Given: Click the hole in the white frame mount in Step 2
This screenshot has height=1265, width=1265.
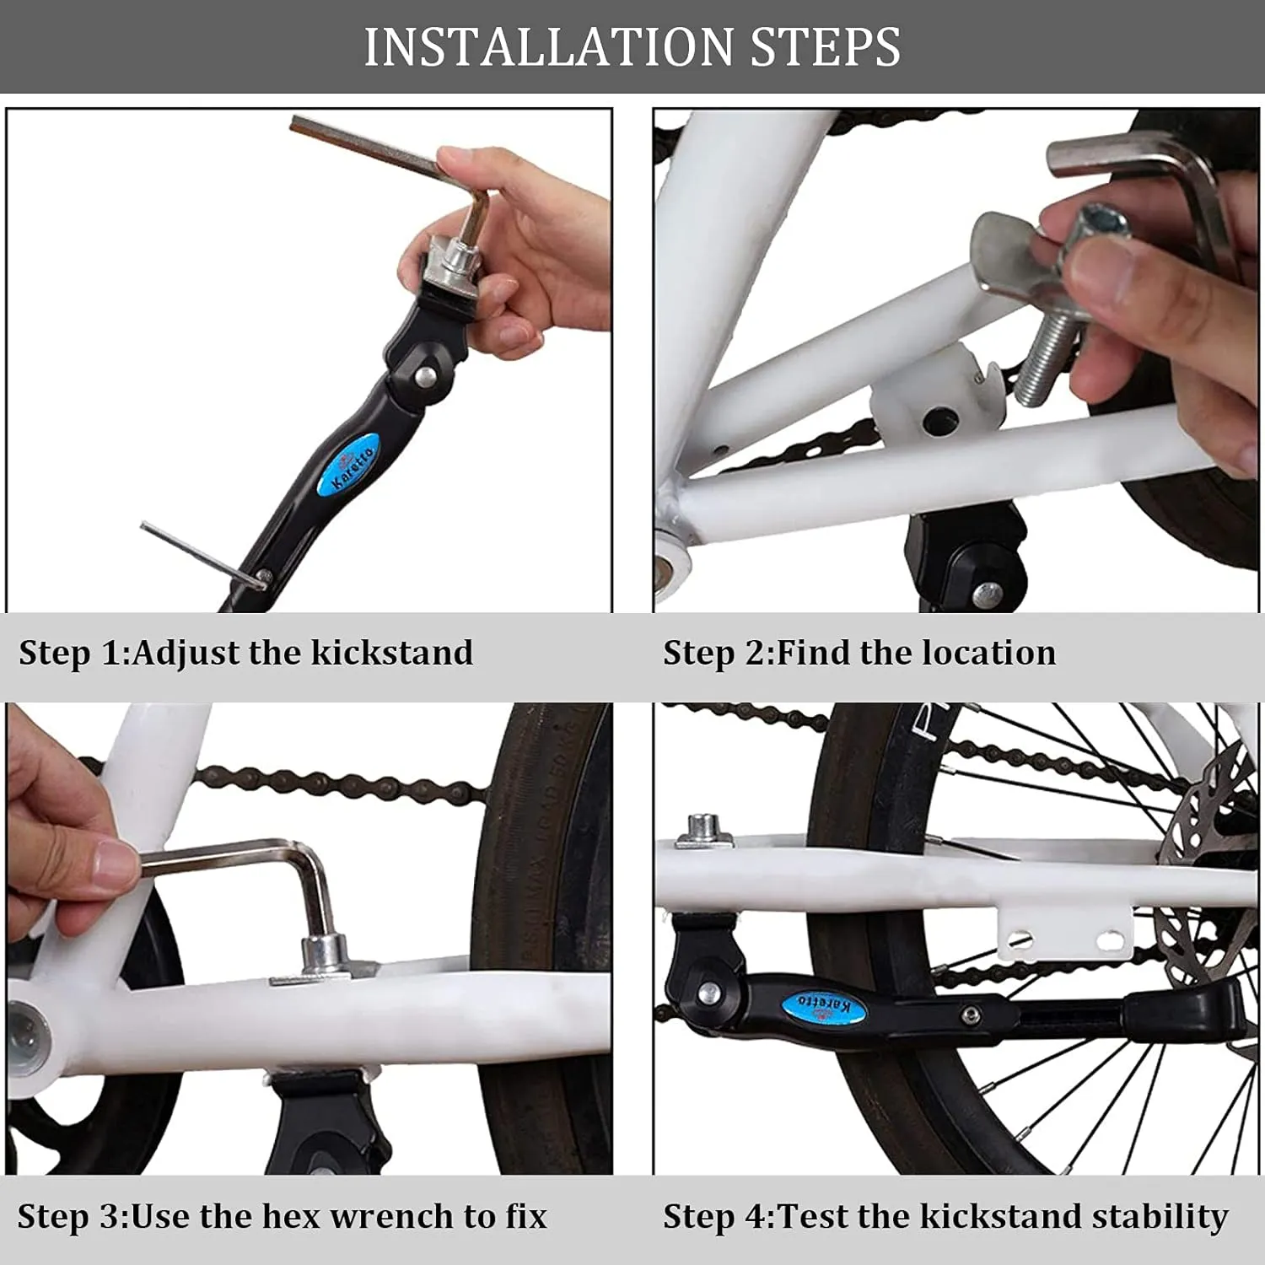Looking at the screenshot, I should (x=939, y=417).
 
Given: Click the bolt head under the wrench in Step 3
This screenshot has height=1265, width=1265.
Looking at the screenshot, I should (x=325, y=953).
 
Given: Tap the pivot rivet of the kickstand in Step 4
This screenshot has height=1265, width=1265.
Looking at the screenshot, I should (x=707, y=989).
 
